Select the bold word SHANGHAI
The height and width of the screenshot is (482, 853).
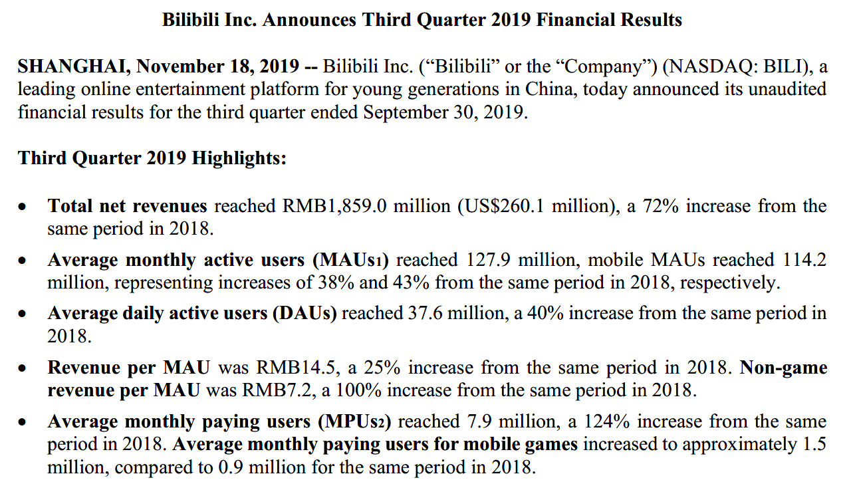[73, 67]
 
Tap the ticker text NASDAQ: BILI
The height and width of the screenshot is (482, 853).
[741, 67]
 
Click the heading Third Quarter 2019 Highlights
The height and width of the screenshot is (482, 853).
[152, 158]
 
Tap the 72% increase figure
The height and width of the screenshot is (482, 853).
[660, 206]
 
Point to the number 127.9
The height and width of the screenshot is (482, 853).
[489, 260]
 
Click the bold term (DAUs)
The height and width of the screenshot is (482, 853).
[305, 314]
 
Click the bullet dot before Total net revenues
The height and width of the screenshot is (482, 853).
[23, 207]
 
